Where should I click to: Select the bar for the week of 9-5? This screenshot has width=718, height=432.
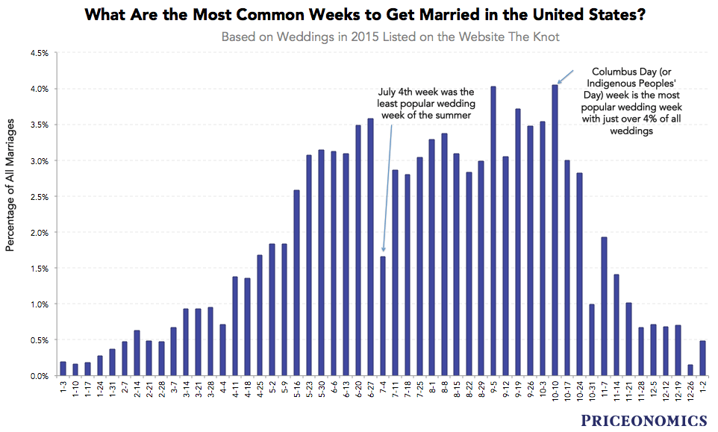coord(493,231)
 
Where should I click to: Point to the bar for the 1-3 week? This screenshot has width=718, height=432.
coord(63,369)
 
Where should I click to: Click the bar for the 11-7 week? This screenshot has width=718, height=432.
coord(604,306)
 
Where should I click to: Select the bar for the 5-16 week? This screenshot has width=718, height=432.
coord(296,283)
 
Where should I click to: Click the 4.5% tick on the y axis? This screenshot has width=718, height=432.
coord(39,53)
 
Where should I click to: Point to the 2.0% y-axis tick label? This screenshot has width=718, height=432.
coord(39,233)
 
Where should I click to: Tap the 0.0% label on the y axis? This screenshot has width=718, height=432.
coord(39,376)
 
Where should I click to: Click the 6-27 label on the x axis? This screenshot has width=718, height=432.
coord(370,392)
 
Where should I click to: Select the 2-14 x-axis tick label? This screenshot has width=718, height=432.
coord(137,392)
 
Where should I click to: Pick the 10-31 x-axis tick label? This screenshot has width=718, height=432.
coord(591,393)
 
